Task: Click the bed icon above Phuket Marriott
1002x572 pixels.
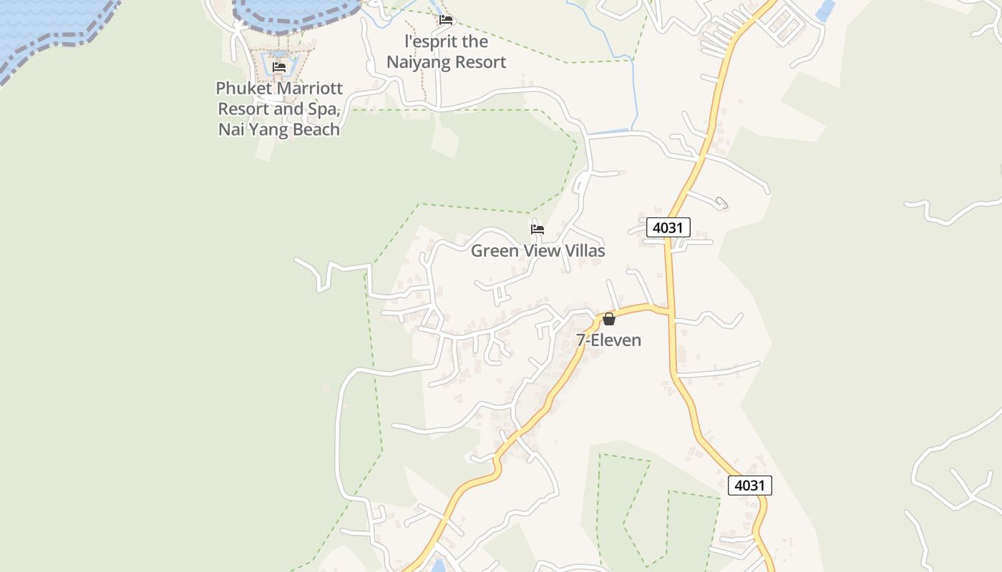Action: pos(279,67)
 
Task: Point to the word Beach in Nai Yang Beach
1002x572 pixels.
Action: pos(312,129)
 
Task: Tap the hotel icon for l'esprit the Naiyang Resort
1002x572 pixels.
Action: pos(446,20)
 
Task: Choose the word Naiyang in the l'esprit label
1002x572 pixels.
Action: pos(418,62)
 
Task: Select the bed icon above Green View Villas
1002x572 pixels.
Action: pos(538,230)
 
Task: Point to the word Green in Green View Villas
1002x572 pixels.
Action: pos(494,251)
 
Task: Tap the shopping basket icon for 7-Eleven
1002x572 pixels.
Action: pos(609,319)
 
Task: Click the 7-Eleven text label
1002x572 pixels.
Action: pos(609,340)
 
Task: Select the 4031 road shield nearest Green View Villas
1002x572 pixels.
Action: pos(668,227)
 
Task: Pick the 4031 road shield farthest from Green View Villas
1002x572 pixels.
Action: pos(750,485)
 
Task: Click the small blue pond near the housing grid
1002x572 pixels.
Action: pos(826,10)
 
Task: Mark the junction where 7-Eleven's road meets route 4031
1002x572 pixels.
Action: pos(671,311)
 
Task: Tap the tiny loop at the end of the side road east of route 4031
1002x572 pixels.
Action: pos(721,204)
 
